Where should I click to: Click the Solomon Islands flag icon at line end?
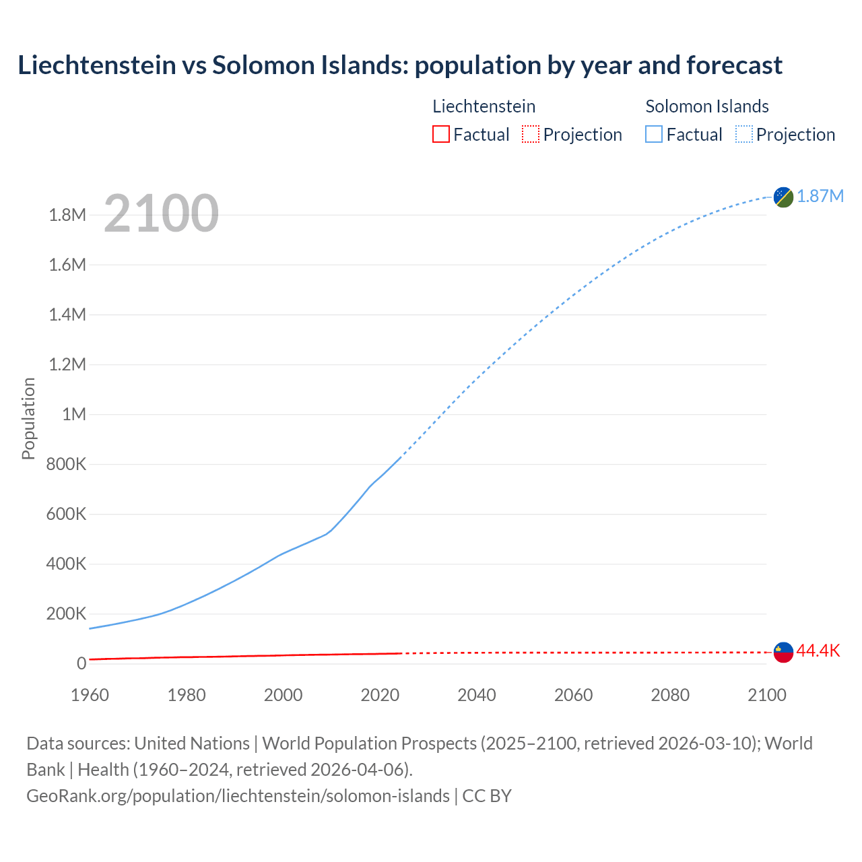pyautogui.click(x=783, y=197)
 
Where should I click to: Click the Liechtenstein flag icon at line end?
pyautogui.click(x=783, y=652)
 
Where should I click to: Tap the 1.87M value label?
pyautogui.click(x=820, y=196)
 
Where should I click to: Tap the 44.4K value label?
pyautogui.click(x=818, y=651)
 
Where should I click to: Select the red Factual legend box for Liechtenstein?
pyautogui.click(x=440, y=134)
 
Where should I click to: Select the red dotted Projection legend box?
pyautogui.click(x=531, y=134)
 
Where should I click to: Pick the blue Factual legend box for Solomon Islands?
pyautogui.click(x=654, y=134)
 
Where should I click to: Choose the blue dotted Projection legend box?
pyautogui.click(x=744, y=134)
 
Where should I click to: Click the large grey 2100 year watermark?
pyautogui.click(x=161, y=213)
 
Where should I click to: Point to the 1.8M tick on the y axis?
pyautogui.click(x=67, y=215)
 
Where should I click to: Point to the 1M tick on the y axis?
pyautogui.click(x=74, y=414)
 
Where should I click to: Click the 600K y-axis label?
pyautogui.click(x=66, y=515)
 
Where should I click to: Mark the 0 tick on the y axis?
pyautogui.click(x=81, y=663)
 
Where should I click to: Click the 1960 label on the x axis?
pyautogui.click(x=90, y=695)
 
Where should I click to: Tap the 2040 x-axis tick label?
pyautogui.click(x=477, y=695)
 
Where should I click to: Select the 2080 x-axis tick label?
pyautogui.click(x=670, y=695)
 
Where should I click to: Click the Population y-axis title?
pyautogui.click(x=28, y=418)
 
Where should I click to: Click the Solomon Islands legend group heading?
pyautogui.click(x=707, y=106)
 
